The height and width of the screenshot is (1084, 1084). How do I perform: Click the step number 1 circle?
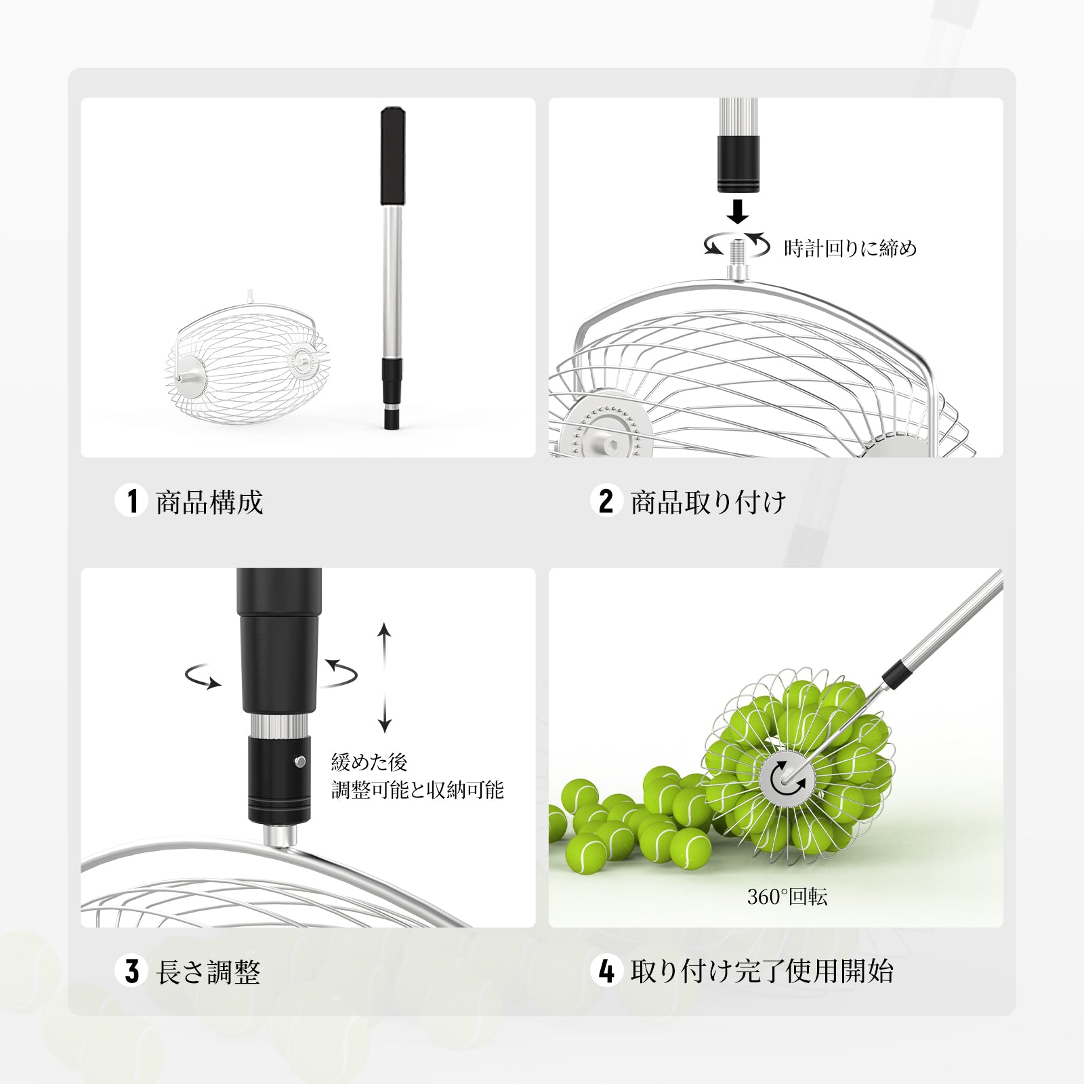tap(131, 501)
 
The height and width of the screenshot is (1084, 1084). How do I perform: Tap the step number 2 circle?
tap(606, 501)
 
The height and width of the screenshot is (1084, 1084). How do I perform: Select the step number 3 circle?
tap(131, 971)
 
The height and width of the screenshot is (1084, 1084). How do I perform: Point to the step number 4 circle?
tap(606, 971)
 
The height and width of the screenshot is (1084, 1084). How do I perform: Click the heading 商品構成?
tap(209, 502)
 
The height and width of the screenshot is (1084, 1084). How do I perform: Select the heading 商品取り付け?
tap(709, 502)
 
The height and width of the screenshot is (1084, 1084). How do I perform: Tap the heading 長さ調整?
tap(209, 972)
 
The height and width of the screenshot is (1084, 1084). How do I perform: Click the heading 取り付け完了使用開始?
tap(762, 972)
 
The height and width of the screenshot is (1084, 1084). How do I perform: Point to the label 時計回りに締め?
tap(850, 249)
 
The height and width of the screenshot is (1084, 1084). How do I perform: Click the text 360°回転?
tap(787, 897)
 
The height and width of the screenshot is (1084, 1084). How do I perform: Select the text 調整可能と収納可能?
tap(417, 790)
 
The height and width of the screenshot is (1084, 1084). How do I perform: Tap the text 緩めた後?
tap(369, 762)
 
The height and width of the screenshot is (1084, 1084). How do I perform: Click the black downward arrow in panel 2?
tap(738, 211)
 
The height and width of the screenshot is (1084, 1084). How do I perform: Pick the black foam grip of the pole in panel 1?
tap(392, 155)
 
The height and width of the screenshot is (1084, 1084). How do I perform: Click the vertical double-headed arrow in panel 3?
tap(385, 678)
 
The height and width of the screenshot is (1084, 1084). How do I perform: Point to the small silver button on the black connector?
tap(299, 762)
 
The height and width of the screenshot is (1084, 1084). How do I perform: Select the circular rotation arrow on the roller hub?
tap(787, 778)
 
